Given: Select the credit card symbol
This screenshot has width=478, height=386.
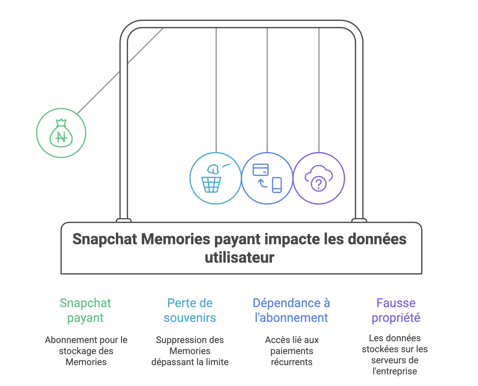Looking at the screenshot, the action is tap(261, 170).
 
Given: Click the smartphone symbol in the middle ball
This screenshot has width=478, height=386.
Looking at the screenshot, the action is tap(277, 185).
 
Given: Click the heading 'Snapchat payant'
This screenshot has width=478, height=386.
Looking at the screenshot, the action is tap(85, 310).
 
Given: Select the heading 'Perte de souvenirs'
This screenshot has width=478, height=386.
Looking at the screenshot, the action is tap(190, 310).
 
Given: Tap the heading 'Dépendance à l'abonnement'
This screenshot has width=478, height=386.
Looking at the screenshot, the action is tap(291, 310).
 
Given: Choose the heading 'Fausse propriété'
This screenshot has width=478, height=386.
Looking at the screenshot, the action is tap(396, 310).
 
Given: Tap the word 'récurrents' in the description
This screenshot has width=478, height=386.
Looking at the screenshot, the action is tap(292, 362).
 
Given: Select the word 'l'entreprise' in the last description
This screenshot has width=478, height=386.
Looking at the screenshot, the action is tap(395, 371).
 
